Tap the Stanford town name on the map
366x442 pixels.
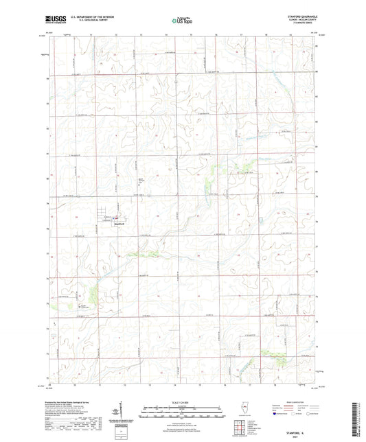[x=119, y=224]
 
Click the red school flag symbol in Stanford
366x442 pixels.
[x=116, y=219]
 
